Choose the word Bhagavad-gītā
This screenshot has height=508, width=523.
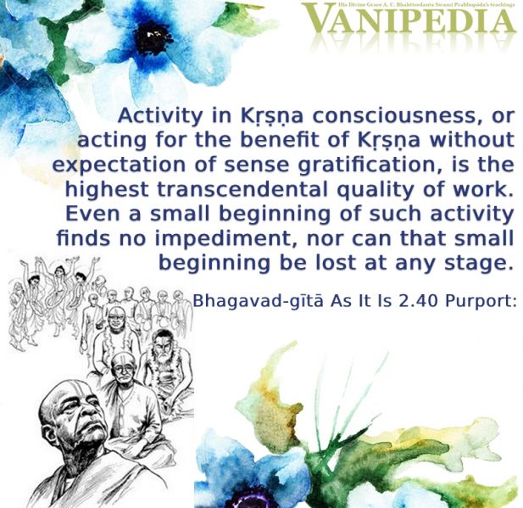pyautogui.click(x=259, y=302)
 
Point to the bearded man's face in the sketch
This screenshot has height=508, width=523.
pyautogui.click(x=163, y=348)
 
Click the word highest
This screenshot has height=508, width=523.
pyautogui.click(x=107, y=190)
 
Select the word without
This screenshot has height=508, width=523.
pyautogui.click(x=471, y=140)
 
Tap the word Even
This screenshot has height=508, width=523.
pyautogui.click(x=92, y=214)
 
